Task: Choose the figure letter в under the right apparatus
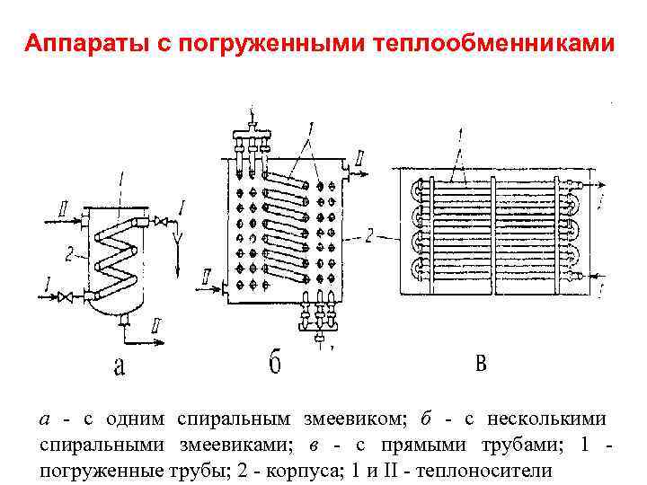(x=480, y=363)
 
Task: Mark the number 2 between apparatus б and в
(x=368, y=235)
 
